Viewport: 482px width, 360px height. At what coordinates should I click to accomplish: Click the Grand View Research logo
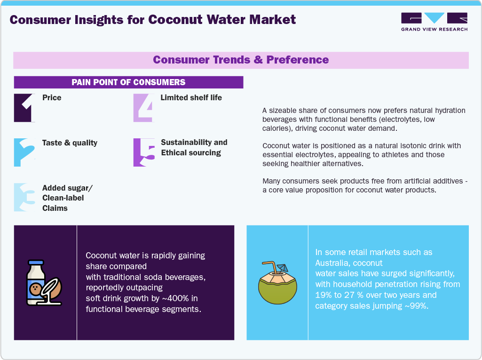coord(434,22)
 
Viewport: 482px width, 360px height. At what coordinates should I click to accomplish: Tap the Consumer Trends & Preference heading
coord(241,60)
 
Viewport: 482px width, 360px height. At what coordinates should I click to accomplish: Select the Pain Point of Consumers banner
coord(128,82)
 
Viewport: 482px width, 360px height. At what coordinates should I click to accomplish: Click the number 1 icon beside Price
coord(24,108)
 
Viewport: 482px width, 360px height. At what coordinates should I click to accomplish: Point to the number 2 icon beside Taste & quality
coord(24,152)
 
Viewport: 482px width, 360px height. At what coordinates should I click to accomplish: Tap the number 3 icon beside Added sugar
coord(24,197)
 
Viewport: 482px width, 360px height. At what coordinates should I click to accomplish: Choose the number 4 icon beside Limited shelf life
coord(143,108)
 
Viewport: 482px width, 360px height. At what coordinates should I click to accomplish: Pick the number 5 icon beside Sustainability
coord(143,152)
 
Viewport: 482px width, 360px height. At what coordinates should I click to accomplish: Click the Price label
coord(52,98)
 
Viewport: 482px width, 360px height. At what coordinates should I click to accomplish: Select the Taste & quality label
coord(70,143)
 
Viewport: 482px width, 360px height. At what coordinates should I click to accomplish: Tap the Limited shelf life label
coord(191,98)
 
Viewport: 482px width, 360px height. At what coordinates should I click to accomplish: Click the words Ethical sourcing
coord(191,152)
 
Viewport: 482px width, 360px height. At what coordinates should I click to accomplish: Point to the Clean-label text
coord(63,198)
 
